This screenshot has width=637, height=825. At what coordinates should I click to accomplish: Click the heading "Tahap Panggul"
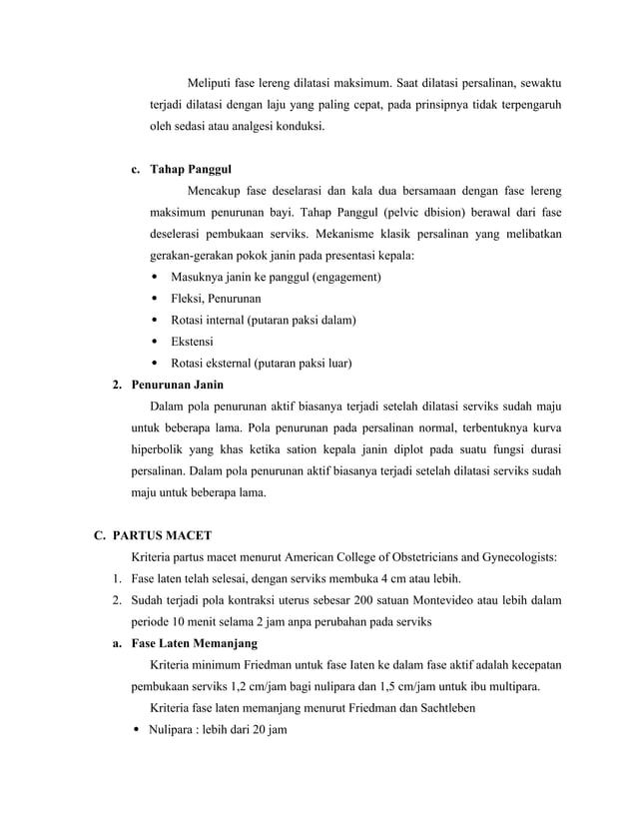click(x=190, y=168)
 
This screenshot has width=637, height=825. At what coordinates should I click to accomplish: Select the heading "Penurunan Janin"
click(x=179, y=385)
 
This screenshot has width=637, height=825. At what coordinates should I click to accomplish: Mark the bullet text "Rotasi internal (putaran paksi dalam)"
click(x=265, y=320)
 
